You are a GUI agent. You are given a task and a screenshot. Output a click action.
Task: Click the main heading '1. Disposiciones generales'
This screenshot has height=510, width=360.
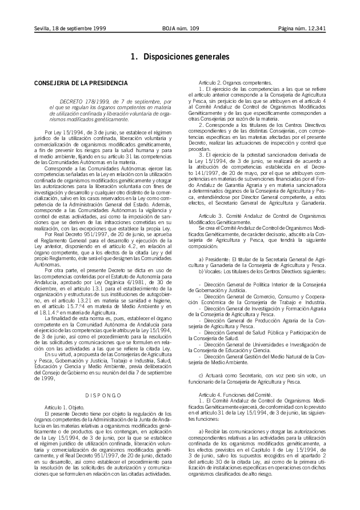pyautogui.click(x=180, y=57)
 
